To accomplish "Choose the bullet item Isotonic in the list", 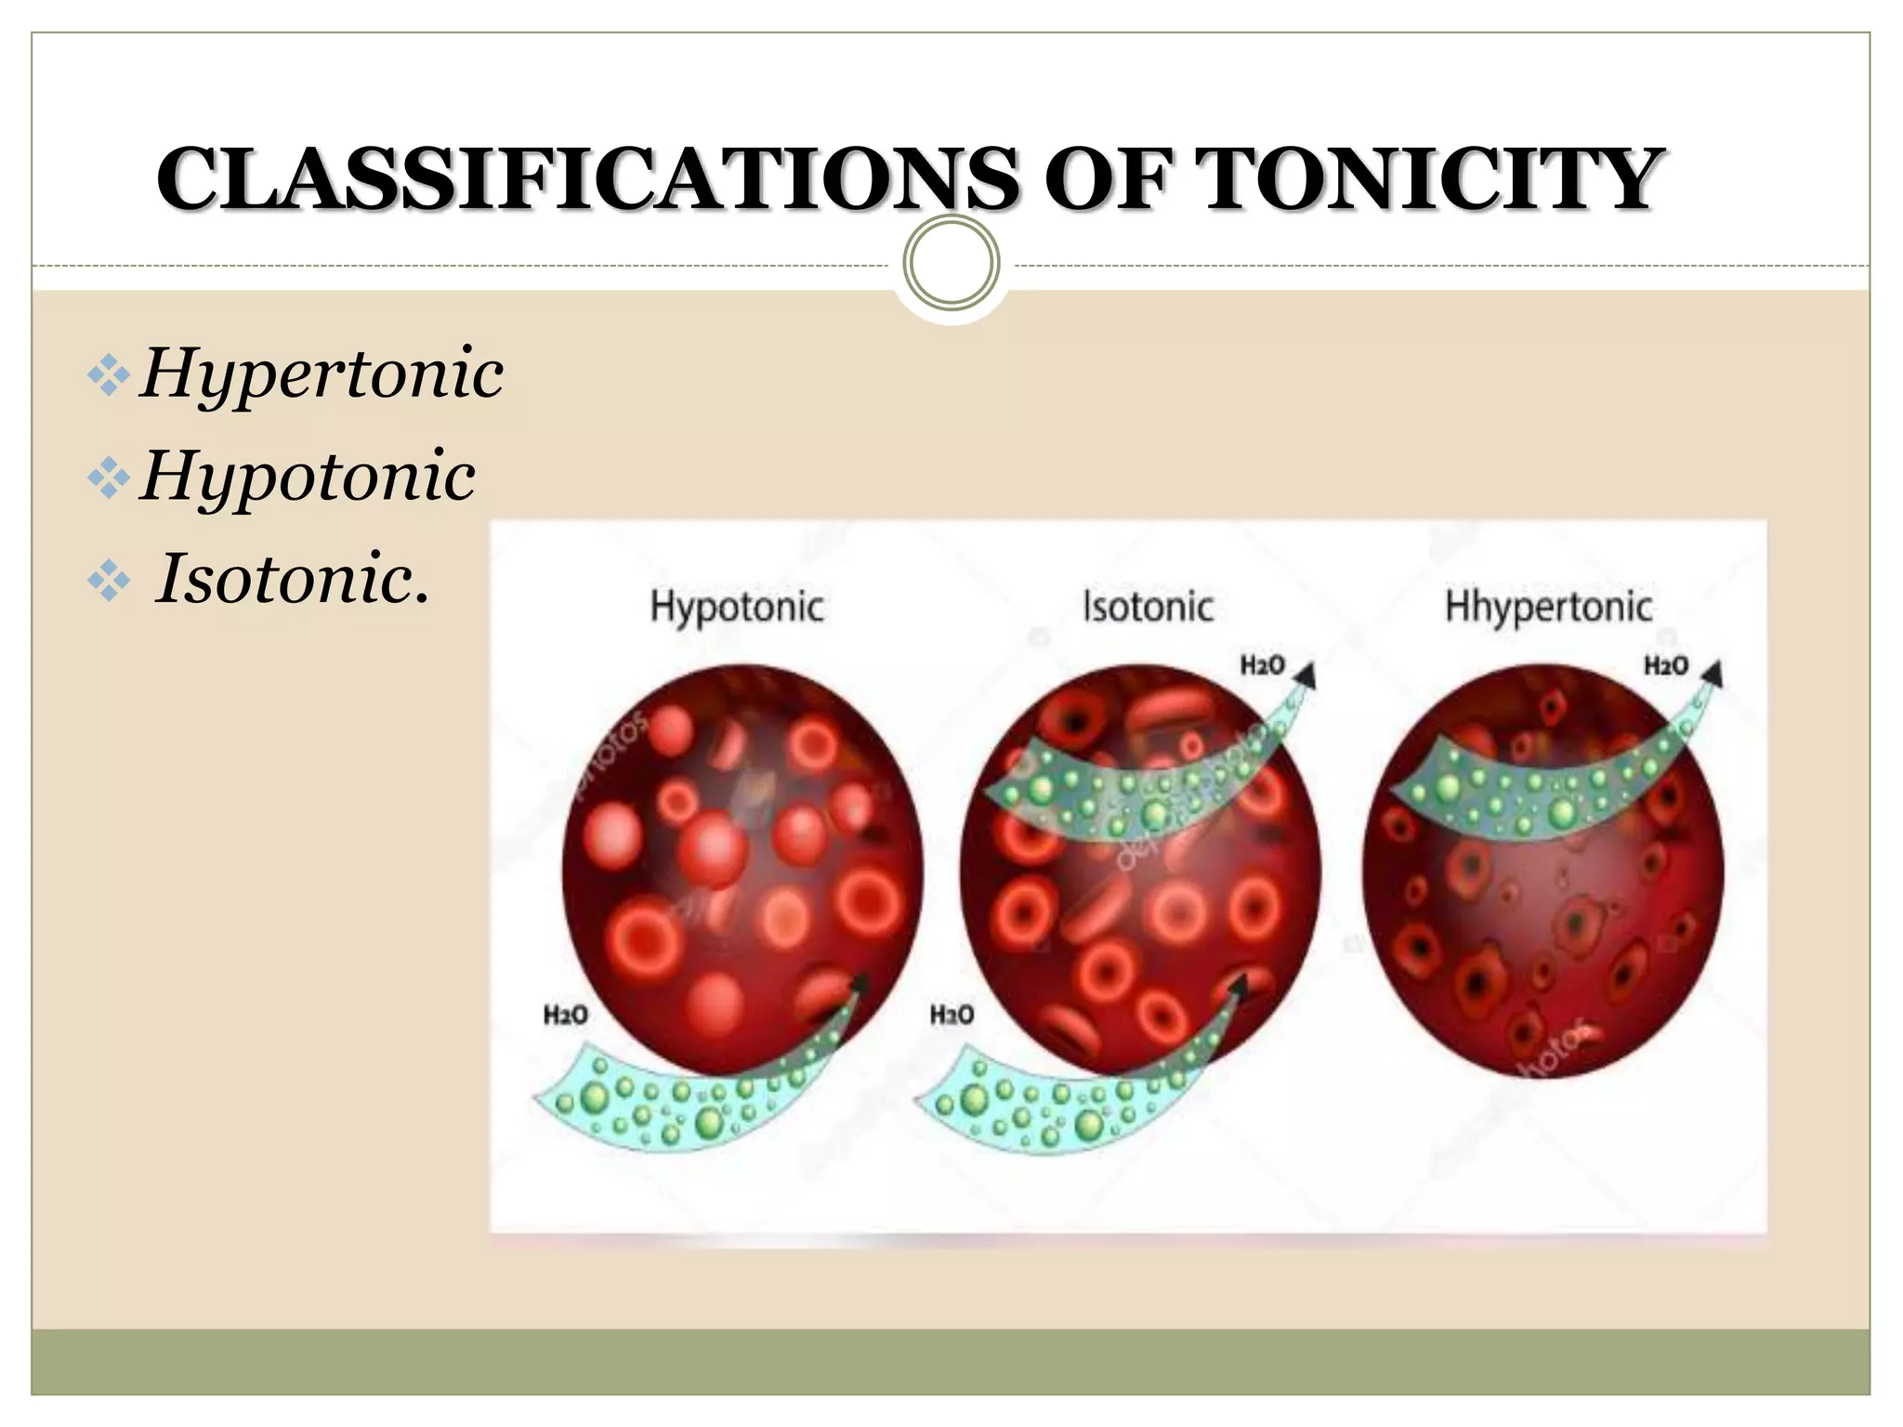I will pyautogui.click(x=292, y=579).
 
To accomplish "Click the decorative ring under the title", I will pyautogui.click(x=951, y=263).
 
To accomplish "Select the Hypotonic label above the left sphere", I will pyautogui.click(x=737, y=607).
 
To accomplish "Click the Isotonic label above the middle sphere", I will pyautogui.click(x=1148, y=607).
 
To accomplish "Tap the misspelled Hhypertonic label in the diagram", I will pyautogui.click(x=1549, y=607).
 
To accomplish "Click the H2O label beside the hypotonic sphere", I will pyautogui.click(x=566, y=1015).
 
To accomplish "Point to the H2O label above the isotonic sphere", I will pyautogui.click(x=1263, y=665).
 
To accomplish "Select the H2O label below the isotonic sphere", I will pyautogui.click(x=952, y=1015).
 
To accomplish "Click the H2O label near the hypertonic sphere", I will pyautogui.click(x=1666, y=665).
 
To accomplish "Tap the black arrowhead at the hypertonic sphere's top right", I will pyautogui.click(x=1713, y=674).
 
